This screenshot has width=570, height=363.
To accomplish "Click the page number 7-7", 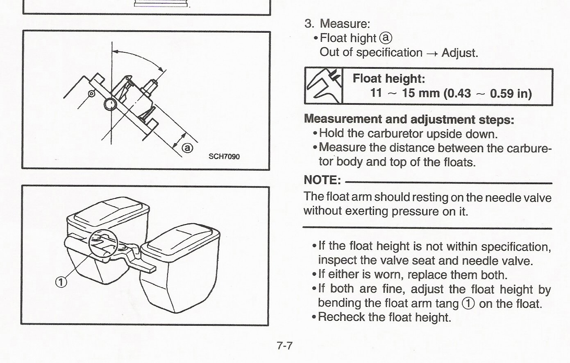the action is tap(285, 346).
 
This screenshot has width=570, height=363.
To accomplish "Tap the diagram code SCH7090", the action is tap(224, 156).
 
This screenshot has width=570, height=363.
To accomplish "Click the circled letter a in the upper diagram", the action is tap(187, 148).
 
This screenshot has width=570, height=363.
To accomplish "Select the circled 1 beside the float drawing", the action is tap(61, 282).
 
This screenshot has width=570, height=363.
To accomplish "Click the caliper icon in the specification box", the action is tap(324, 86).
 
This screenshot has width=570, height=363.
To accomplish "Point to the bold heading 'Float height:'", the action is tap(389, 78).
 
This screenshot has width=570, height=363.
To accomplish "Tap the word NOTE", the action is tap(322, 180).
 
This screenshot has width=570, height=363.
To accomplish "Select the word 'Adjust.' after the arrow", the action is tap(460, 53).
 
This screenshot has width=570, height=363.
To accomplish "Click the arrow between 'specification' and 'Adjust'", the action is tap(432, 54).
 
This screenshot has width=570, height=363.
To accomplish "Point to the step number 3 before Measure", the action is tap(309, 23).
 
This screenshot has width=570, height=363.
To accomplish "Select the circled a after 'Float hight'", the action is tap(386, 38).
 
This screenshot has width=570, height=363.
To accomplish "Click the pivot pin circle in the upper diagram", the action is tap(110, 105).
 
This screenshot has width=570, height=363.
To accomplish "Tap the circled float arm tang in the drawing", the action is tap(103, 243).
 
